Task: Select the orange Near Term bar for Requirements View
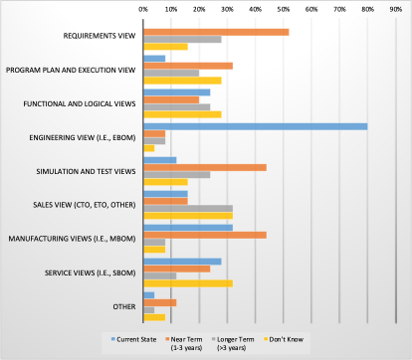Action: click(x=216, y=32)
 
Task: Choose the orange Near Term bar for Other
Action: click(x=160, y=302)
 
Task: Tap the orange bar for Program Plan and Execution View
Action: click(x=188, y=66)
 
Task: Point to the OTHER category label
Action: click(x=124, y=306)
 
